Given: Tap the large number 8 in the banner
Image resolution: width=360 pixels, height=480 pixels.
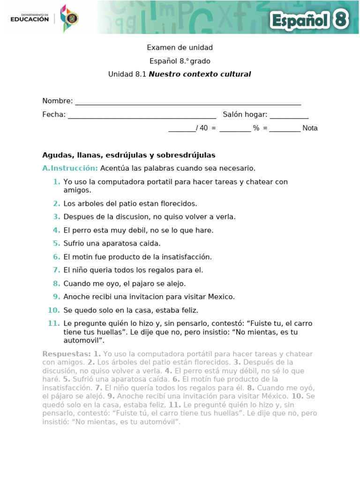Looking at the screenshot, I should [x=341, y=20].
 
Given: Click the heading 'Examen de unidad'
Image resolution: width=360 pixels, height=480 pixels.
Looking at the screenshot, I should [x=180, y=47].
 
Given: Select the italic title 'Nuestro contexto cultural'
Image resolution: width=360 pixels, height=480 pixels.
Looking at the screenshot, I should [x=200, y=74].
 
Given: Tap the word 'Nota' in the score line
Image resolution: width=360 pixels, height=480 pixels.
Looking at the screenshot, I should [x=310, y=128].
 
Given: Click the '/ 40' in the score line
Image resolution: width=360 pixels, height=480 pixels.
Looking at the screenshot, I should [x=202, y=128].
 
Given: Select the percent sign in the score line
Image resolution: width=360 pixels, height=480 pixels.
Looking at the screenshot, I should [x=256, y=128].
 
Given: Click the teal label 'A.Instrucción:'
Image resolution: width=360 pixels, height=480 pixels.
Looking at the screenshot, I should [x=70, y=168].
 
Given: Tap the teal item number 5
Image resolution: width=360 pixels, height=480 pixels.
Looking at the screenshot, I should [x=57, y=243].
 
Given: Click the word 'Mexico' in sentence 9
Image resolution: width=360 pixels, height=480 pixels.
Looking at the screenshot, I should [x=222, y=297].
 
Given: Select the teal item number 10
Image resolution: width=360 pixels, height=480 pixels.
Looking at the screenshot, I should [x=54, y=310].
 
